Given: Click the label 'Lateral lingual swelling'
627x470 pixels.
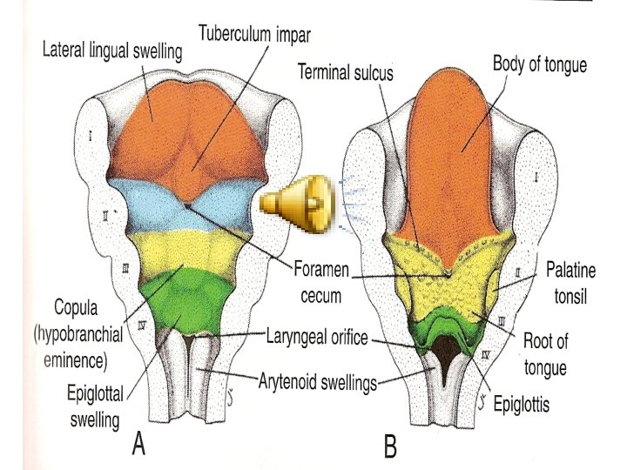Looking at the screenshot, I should (x=113, y=51).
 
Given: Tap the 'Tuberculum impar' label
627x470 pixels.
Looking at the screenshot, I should (x=254, y=35).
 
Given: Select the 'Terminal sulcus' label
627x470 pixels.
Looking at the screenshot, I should (x=345, y=73).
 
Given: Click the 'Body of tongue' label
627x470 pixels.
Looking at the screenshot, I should (x=539, y=64).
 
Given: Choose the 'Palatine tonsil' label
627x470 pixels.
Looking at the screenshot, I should (x=567, y=284).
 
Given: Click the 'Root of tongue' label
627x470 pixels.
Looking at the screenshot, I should (x=545, y=355).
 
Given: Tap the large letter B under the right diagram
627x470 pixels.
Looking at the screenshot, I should (x=391, y=448).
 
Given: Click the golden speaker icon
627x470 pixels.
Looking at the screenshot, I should (x=296, y=206).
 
